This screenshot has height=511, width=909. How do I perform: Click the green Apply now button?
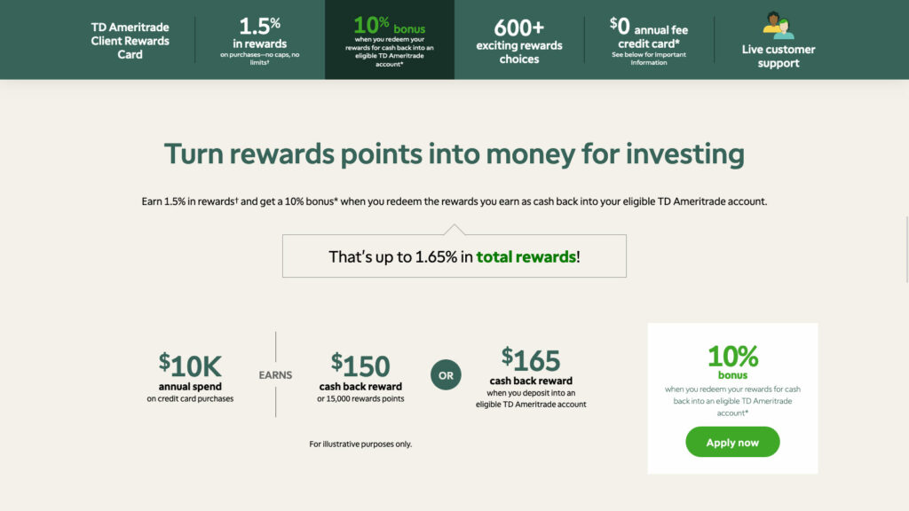click(732, 442)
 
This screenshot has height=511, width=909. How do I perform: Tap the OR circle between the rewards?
click(446, 375)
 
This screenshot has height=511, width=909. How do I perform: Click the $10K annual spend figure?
click(190, 366)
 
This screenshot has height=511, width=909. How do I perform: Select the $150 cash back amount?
click(360, 366)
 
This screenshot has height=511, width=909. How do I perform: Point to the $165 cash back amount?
click(531, 360)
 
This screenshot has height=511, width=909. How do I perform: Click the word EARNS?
click(275, 375)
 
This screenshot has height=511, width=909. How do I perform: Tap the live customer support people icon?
click(778, 26)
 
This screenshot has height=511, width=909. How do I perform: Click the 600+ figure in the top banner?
click(518, 28)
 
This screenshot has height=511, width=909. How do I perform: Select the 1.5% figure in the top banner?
click(260, 26)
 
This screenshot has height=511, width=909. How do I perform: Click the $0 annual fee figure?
click(620, 26)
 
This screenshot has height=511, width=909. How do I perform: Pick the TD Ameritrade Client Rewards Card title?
click(130, 41)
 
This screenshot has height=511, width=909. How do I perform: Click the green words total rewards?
click(526, 256)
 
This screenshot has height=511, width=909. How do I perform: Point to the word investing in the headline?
click(684, 154)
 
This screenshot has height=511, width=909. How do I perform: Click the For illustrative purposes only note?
click(360, 444)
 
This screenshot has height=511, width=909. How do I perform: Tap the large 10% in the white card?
click(732, 357)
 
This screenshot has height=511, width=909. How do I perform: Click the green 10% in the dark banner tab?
click(371, 25)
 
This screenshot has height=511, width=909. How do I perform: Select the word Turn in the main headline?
click(193, 154)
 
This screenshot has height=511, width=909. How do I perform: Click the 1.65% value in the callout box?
click(436, 256)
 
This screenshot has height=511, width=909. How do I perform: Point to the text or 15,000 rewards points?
click(360, 399)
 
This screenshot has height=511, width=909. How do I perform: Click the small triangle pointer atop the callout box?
click(454, 230)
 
